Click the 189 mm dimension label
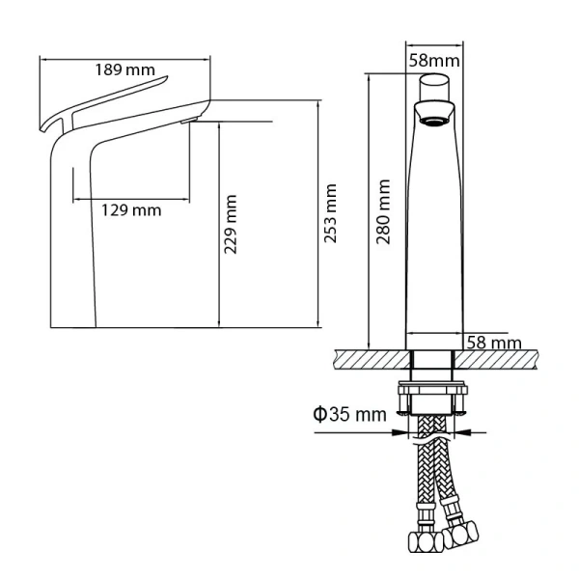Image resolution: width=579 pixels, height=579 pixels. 125,69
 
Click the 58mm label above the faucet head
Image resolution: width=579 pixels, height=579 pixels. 433,60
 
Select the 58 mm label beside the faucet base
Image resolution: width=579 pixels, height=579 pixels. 494,343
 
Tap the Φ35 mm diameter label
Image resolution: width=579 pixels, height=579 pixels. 348,415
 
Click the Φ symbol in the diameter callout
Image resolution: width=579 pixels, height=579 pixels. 319,415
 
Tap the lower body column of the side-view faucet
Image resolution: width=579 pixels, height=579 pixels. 83,261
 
